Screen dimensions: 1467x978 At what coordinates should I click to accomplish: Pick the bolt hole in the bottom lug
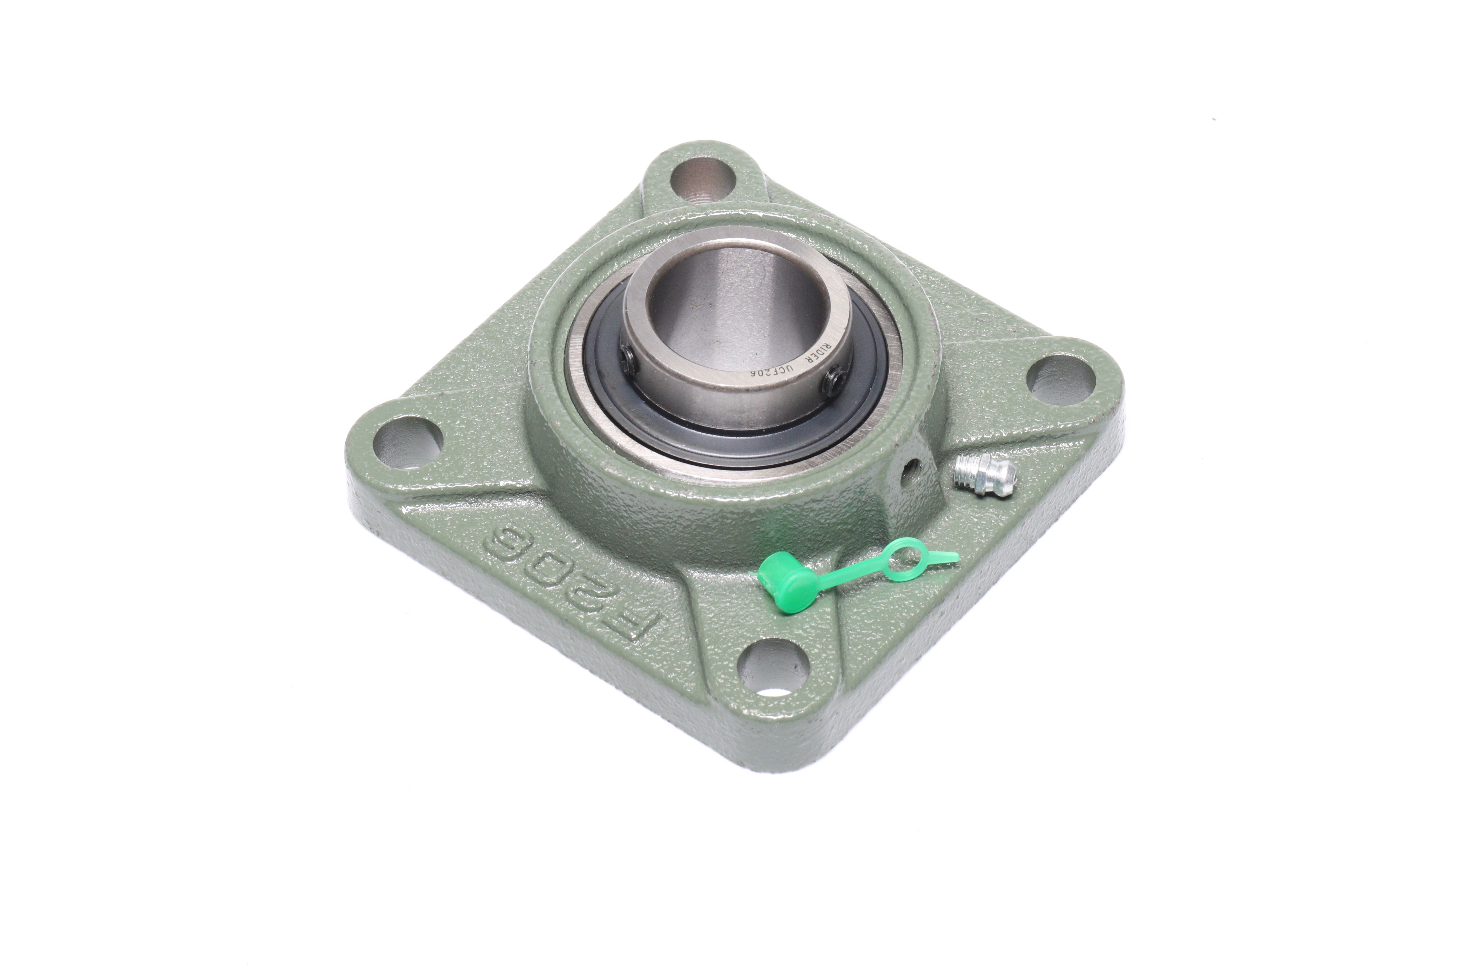(773, 669)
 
